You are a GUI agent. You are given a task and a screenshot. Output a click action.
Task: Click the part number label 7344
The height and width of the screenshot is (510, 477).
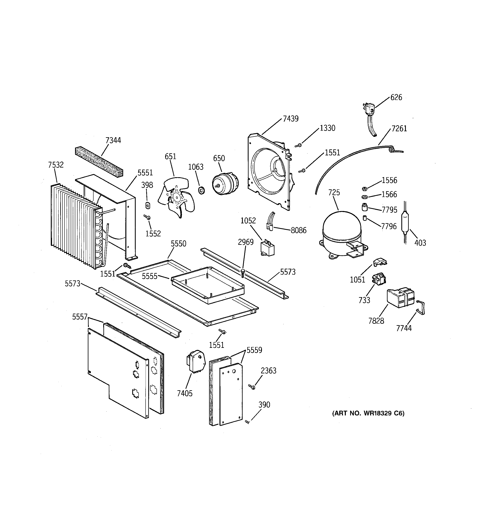tap(113, 140)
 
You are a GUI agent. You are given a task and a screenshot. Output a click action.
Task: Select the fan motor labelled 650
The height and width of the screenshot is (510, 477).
tap(225, 183)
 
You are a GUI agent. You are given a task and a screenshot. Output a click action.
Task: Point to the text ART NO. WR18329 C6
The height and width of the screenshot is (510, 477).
tap(368, 413)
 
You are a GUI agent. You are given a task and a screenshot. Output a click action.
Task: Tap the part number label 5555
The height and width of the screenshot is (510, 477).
tap(149, 276)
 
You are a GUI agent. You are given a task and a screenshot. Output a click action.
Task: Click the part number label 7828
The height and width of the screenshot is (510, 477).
tap(376, 321)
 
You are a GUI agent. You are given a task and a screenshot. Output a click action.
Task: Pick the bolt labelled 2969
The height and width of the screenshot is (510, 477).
tap(243, 273)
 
